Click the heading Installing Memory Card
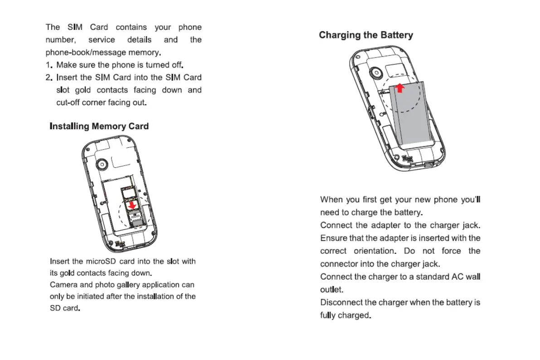[x=99, y=126]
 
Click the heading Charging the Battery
[x=366, y=35]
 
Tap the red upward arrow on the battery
[x=400, y=88]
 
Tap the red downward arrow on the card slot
[x=132, y=205]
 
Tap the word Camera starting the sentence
[x=63, y=285]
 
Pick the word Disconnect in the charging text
[x=341, y=302]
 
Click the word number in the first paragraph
[x=61, y=40]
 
